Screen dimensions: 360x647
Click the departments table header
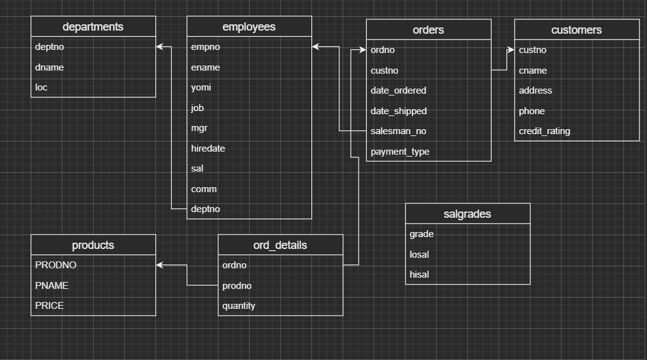(x=93, y=27)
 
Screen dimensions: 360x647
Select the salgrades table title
(x=467, y=214)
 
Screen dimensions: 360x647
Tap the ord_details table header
(x=280, y=245)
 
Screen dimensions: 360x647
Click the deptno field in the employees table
(x=205, y=209)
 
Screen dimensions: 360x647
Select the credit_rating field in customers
(x=544, y=131)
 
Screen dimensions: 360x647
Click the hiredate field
(x=208, y=148)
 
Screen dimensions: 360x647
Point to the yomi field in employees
(x=201, y=87)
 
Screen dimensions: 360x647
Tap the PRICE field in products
(x=49, y=306)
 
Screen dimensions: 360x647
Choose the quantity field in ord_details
(x=238, y=306)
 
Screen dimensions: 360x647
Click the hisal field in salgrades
(x=419, y=275)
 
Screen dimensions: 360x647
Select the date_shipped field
(x=399, y=111)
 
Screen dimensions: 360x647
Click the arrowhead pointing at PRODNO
(x=160, y=265)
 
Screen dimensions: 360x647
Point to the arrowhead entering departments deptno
(x=160, y=47)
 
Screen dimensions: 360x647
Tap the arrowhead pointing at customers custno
(x=511, y=50)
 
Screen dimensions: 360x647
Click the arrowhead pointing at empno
(x=316, y=47)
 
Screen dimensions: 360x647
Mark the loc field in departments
(x=41, y=87)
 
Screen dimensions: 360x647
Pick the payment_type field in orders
(x=400, y=152)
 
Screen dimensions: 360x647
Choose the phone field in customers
(x=532, y=111)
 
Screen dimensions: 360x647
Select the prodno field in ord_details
(x=236, y=286)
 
